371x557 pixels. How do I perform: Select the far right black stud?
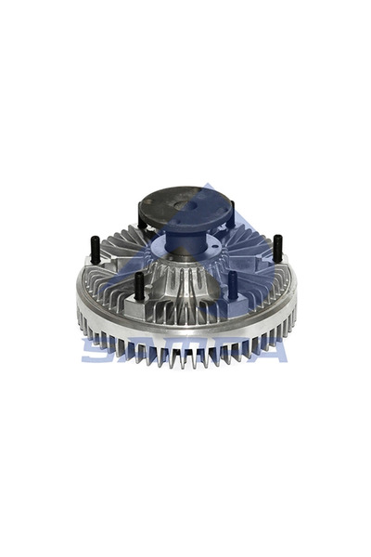click(x=276, y=250)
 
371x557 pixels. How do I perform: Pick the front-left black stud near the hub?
click(x=139, y=287)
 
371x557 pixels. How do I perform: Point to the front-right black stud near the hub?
click(x=232, y=284)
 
